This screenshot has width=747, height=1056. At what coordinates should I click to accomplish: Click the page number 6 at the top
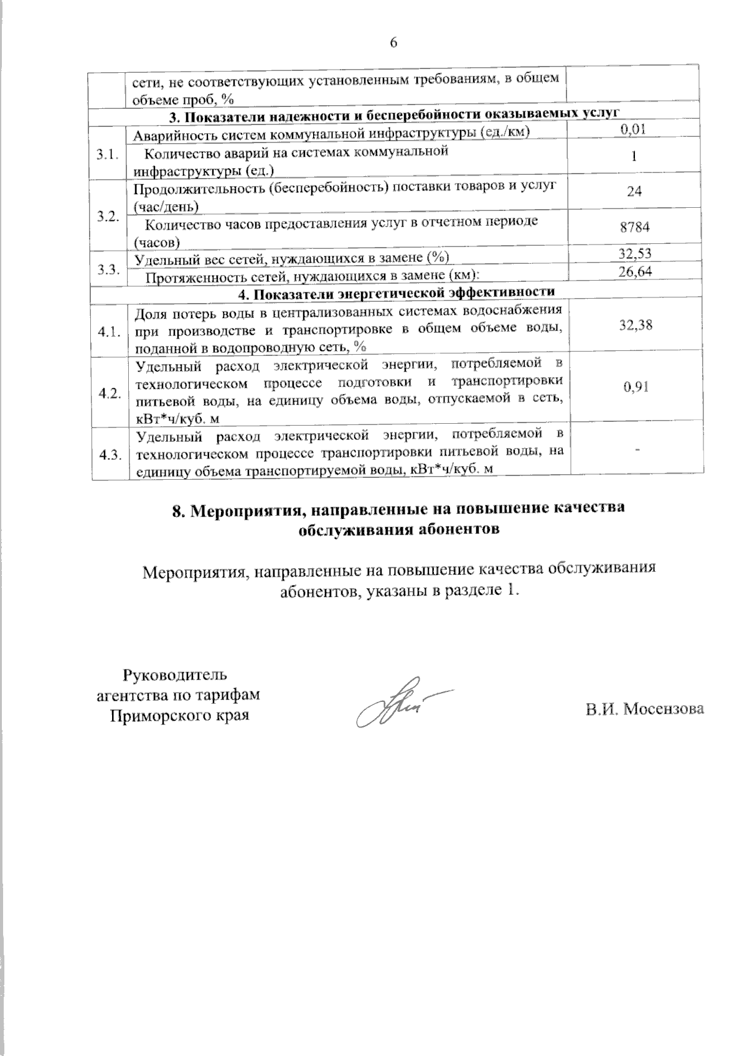click(393, 43)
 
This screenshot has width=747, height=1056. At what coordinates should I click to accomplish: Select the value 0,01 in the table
click(634, 129)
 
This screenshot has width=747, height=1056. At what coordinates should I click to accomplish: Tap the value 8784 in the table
click(635, 228)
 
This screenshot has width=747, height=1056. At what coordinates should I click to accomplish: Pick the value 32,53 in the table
click(635, 253)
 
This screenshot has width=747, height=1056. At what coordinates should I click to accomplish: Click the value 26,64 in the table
click(635, 271)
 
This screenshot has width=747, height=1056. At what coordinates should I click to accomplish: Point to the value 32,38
click(635, 324)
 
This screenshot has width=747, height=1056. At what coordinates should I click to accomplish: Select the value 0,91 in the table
click(635, 387)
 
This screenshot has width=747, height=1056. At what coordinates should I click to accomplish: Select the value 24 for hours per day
click(635, 192)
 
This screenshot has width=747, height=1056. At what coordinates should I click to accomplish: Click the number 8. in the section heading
click(179, 510)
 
